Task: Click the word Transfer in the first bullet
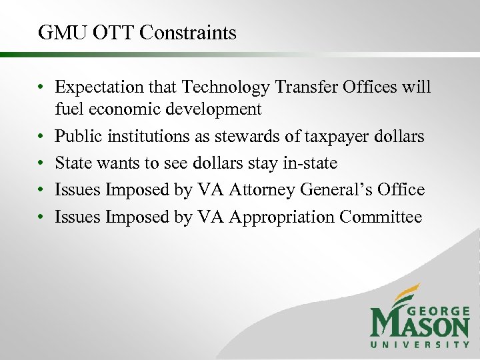pos(310,87)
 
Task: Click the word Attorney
pos(263,190)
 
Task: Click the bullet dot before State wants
pos(41,163)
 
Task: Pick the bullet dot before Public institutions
pos(41,137)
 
